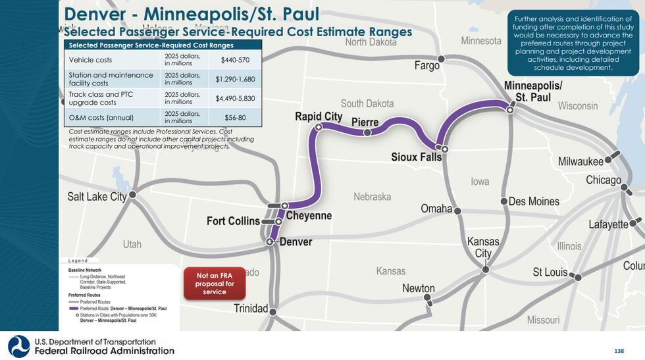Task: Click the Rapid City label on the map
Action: [x=319, y=116]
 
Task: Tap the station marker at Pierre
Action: [x=367, y=132]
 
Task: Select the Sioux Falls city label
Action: [x=416, y=157]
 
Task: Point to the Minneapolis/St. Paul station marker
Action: [x=510, y=110]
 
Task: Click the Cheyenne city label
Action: [x=309, y=216]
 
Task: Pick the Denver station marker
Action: [x=269, y=242]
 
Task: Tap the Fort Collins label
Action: [x=233, y=221]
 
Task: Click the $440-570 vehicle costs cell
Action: [x=234, y=60]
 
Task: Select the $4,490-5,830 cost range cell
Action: [x=234, y=99]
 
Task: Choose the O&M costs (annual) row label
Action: [x=101, y=118]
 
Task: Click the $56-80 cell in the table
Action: [x=234, y=118]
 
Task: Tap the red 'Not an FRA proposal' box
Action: [x=215, y=283]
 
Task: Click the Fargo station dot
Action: [x=442, y=59]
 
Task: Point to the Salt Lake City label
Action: [x=97, y=196]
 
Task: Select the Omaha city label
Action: [x=436, y=209]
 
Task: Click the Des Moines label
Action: [x=534, y=201]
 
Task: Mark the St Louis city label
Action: [x=550, y=272]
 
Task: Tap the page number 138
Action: [x=618, y=351]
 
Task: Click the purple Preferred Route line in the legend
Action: [x=73, y=308]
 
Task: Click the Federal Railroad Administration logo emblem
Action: [x=18, y=346]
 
